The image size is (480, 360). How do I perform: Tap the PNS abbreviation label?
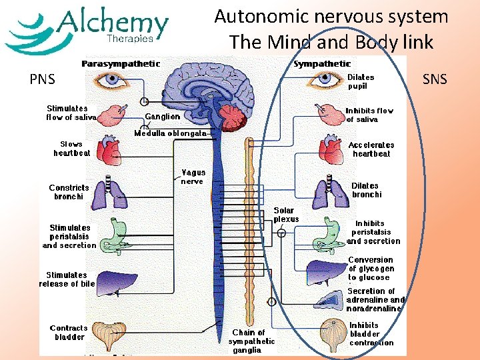click(42, 81)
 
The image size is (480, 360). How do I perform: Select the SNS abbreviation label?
click(435, 80)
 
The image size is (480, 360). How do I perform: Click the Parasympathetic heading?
click(121, 64)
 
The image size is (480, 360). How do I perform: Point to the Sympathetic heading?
click(322, 64)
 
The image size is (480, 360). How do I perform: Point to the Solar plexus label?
click(287, 215)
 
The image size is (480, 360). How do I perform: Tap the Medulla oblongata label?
click(171, 133)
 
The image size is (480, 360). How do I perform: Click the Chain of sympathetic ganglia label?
click(251, 341)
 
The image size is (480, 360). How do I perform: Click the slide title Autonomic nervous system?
click(331, 17)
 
